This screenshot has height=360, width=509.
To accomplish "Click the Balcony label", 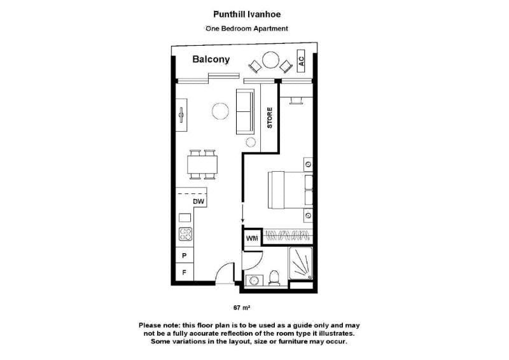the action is point(211,59).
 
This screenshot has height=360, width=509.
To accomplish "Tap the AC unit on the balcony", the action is point(301,60).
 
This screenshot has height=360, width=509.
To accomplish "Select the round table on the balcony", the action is point(271,60).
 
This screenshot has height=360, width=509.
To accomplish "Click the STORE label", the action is point(270,118).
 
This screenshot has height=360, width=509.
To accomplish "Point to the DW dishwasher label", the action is point(199,202).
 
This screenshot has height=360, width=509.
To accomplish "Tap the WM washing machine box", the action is point(252,239).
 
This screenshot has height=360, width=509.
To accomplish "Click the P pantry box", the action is point(185,256).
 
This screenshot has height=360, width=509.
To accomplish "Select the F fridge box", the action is point(185,272).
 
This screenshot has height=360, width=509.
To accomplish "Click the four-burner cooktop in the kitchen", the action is point(185,234).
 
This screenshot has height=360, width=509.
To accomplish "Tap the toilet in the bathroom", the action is point(274,278).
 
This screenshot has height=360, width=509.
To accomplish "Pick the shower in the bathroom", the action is point(301,263).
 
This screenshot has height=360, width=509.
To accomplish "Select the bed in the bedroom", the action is point(290,190).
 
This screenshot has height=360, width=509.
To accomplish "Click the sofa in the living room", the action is point(245,111).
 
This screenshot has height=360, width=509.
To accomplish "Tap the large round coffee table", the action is point(220,111).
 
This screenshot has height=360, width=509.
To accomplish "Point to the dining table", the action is point(202,165).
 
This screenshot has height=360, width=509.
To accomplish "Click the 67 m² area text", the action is point(242,307).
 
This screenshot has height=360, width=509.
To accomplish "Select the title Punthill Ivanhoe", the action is point(247,14).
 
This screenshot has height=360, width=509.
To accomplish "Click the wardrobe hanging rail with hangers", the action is point(288,236).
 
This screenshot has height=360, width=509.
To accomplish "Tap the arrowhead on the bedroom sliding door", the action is point(242,221).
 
